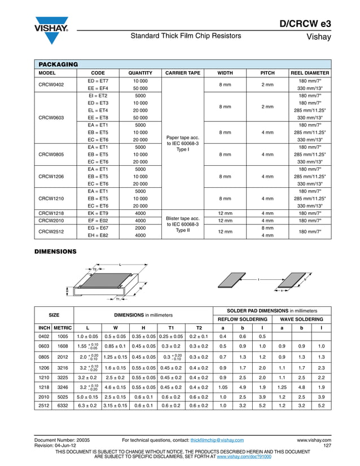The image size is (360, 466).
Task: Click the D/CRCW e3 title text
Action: (305, 24)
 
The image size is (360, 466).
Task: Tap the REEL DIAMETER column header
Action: (309, 73)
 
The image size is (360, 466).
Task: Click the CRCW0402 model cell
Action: (51, 85)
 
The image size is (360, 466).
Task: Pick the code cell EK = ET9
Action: (98, 213)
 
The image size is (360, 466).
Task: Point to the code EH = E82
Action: (98, 235)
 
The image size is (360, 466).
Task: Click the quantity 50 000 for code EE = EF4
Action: (140, 89)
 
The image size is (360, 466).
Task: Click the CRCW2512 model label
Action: (51, 231)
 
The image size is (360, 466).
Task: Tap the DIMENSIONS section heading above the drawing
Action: (56, 250)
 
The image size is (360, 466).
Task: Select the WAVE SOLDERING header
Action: (301, 319)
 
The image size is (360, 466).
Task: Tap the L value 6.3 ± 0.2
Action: (87, 405)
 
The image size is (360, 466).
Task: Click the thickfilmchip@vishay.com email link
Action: (217, 439)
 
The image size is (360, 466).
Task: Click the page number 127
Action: (327, 445)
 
